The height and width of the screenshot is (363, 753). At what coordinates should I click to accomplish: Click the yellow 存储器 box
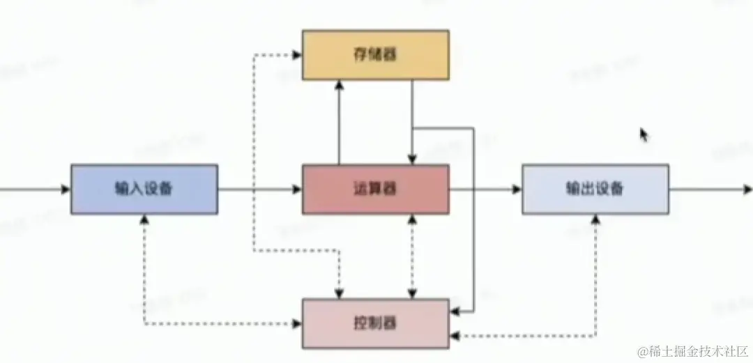click(375, 54)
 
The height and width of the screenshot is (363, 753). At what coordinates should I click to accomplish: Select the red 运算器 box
click(375, 189)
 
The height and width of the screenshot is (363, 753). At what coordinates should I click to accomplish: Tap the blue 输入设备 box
click(144, 189)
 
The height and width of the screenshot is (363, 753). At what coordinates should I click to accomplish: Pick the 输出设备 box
click(595, 189)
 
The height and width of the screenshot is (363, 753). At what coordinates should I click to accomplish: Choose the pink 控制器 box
click(375, 323)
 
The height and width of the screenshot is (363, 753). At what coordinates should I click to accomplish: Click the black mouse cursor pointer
click(644, 134)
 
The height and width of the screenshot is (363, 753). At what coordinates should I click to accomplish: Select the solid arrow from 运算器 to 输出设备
click(485, 189)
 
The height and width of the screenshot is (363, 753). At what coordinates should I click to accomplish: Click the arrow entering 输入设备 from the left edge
click(35, 189)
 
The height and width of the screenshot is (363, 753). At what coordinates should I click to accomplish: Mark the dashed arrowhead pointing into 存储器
click(296, 54)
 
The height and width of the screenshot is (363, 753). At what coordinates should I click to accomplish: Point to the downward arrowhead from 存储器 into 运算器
click(413, 160)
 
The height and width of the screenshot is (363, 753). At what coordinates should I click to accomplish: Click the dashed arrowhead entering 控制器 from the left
click(296, 324)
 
